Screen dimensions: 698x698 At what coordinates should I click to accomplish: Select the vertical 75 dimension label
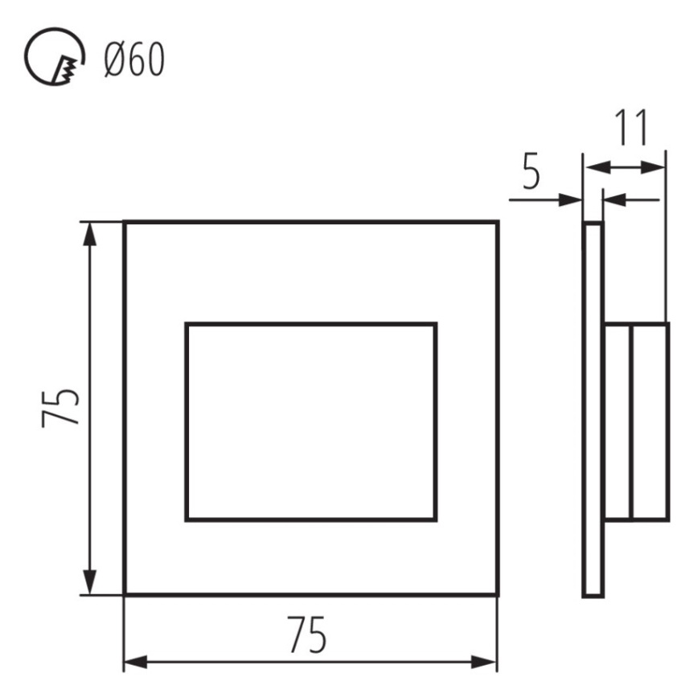(x=62, y=408)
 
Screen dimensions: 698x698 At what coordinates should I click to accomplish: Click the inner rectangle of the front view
(x=310, y=421)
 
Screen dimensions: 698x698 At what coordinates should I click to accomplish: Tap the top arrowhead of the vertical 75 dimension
(x=90, y=234)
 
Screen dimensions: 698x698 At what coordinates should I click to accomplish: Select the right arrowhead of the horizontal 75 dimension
(x=484, y=662)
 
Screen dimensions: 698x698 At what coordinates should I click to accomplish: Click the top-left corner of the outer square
(x=125, y=223)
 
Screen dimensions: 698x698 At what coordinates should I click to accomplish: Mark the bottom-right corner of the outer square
(x=496, y=594)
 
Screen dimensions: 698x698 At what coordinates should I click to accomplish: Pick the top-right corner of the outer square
(x=496, y=223)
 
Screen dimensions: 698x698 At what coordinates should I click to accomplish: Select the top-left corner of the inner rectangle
(x=187, y=324)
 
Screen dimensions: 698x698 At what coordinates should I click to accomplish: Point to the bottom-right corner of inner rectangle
(x=436, y=519)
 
